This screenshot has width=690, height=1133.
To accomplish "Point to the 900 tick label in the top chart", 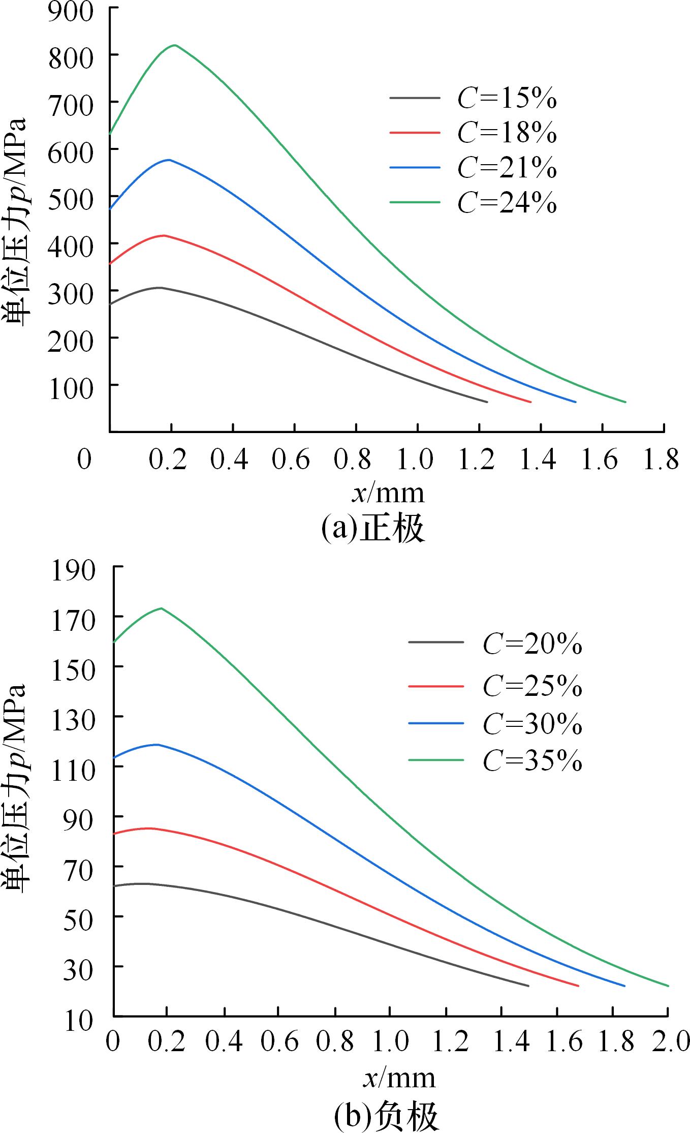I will [x=71, y=11].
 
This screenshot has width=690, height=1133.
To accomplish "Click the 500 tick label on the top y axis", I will [x=71, y=197].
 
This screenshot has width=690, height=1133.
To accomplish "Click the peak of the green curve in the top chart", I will [x=175, y=45].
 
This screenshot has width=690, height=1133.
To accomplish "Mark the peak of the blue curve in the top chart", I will [x=169, y=160].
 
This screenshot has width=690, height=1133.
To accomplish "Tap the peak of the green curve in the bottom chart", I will [x=161, y=608].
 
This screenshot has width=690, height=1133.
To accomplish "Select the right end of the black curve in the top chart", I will [x=487, y=402].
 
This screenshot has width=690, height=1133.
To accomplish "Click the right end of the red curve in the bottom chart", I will [x=578, y=986].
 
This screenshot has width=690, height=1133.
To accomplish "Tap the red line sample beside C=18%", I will [x=415, y=132].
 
